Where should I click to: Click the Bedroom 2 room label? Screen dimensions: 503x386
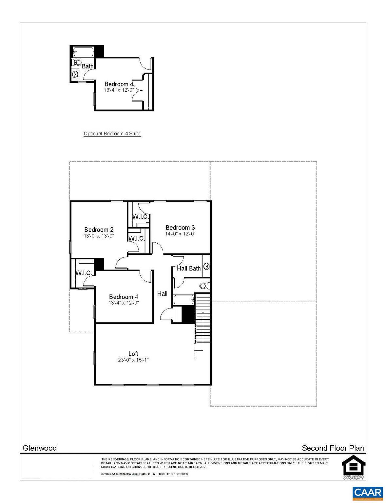pos(99,230)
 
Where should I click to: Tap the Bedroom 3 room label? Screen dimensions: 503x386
pos(180,228)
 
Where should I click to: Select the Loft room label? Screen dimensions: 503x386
pos(133,354)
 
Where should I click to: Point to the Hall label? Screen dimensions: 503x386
pos(162,293)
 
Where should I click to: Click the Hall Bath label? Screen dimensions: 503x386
pos(189,269)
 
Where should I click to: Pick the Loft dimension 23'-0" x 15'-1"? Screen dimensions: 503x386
pos(133,360)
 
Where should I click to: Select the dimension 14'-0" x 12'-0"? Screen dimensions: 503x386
pos(180,234)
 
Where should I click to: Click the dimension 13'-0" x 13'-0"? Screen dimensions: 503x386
pos(99,236)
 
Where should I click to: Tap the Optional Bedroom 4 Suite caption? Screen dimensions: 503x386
pos(112,134)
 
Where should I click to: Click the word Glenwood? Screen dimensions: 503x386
pos(40,448)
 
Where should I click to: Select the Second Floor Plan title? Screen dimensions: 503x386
pos(333,448)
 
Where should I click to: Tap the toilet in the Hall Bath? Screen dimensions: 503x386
pos(204,286)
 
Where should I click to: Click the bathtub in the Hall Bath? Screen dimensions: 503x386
pos(183,299)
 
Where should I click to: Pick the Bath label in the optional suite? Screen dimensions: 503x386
pos(87,66)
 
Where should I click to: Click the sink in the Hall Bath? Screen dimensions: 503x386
pos(206,266)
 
